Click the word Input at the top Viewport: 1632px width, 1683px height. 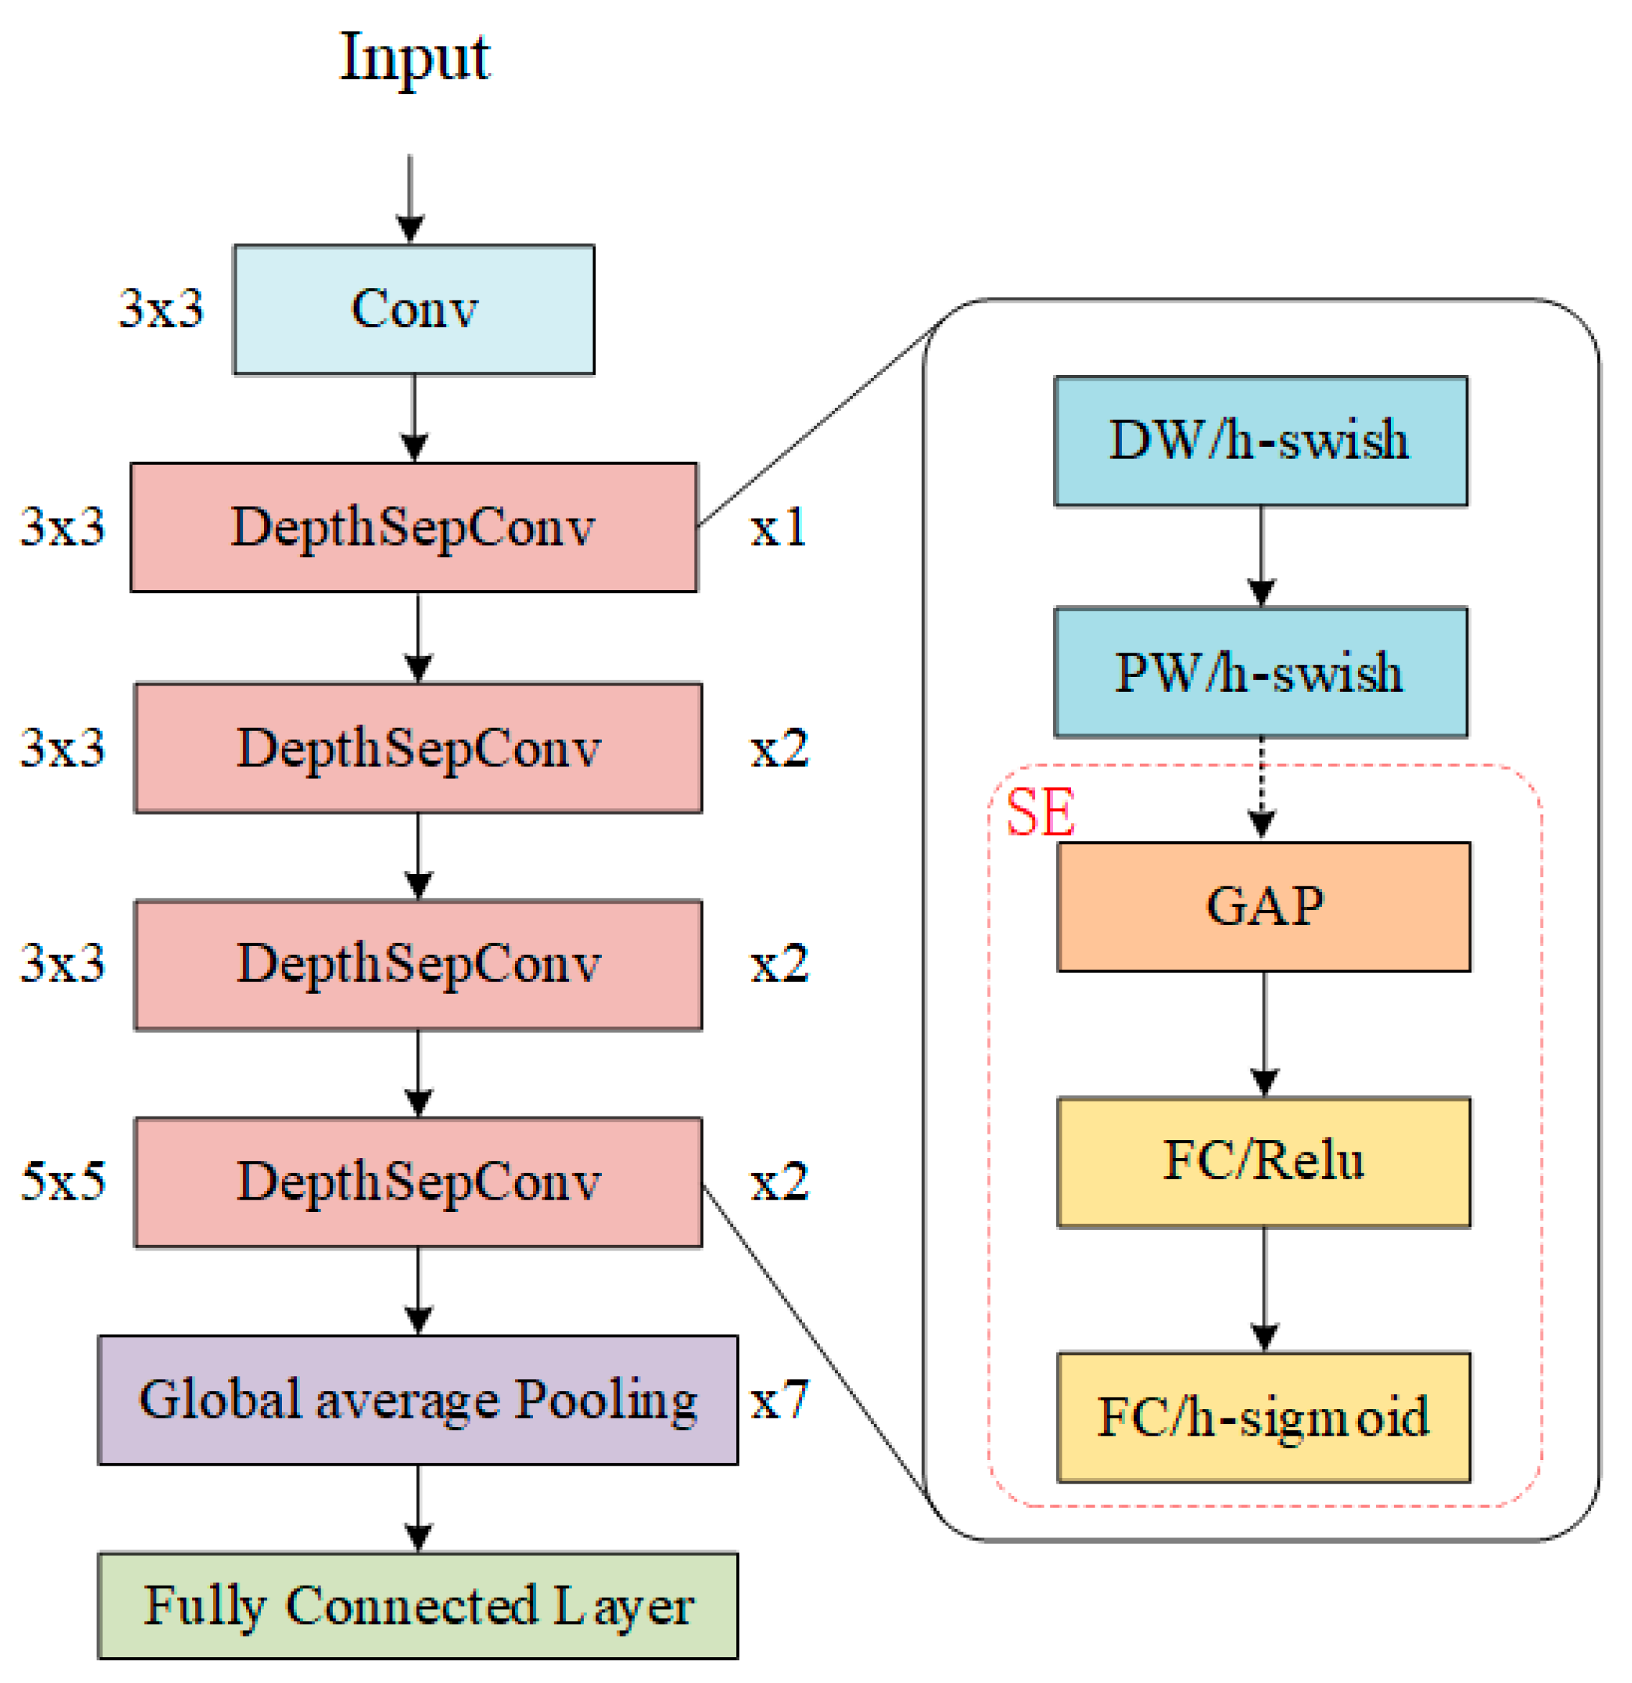tap(415, 57)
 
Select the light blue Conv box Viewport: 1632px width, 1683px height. tap(414, 309)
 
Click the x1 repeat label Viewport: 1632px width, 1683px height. tap(778, 526)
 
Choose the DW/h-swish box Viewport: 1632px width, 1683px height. tap(1260, 441)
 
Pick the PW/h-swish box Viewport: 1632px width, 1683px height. tap(1260, 673)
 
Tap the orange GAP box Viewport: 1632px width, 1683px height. tap(1263, 907)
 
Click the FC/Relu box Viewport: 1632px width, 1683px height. tap(1263, 1162)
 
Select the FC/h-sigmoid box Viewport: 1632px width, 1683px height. tap(1263, 1417)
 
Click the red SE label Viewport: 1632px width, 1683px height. tap(1039, 812)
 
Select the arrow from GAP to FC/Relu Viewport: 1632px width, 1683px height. tap(1263, 1034)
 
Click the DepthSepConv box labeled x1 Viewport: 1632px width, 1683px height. tap(414, 527)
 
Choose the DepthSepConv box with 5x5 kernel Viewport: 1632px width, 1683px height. tap(418, 1182)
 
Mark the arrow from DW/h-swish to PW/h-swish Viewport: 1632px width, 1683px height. tap(1260, 556)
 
